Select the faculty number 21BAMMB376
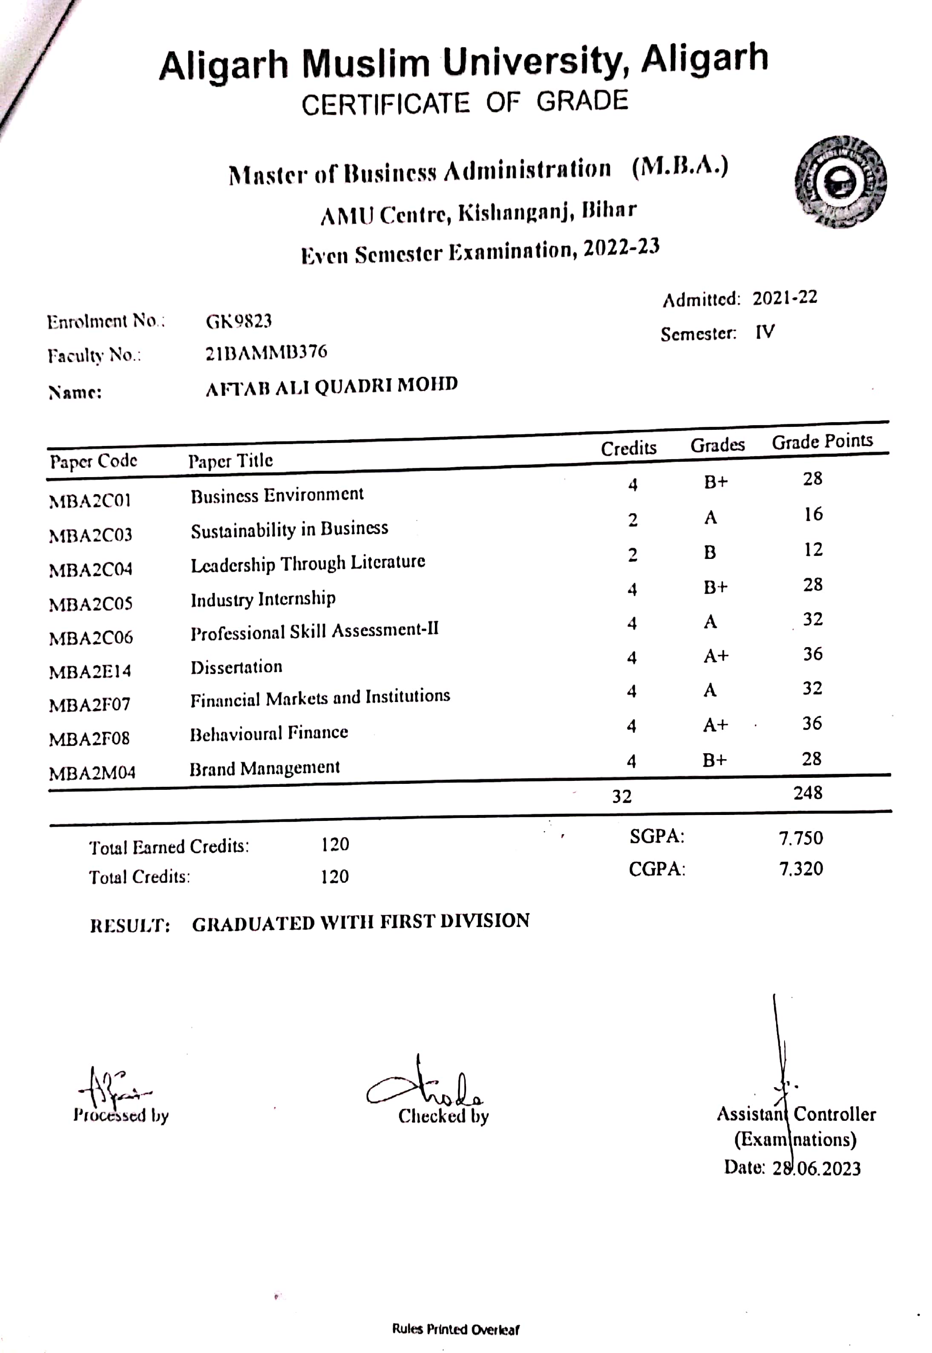click(x=266, y=353)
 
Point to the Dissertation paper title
click(x=236, y=667)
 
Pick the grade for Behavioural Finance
click(x=715, y=725)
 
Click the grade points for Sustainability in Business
click(x=813, y=515)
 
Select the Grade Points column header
click(x=822, y=441)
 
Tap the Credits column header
click(x=628, y=448)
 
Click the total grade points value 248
click(x=808, y=792)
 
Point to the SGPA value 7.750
click(x=801, y=838)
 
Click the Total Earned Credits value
click(x=335, y=844)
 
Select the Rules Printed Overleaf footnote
click(x=455, y=1330)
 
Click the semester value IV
click(x=765, y=332)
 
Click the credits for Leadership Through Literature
click(x=633, y=555)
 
